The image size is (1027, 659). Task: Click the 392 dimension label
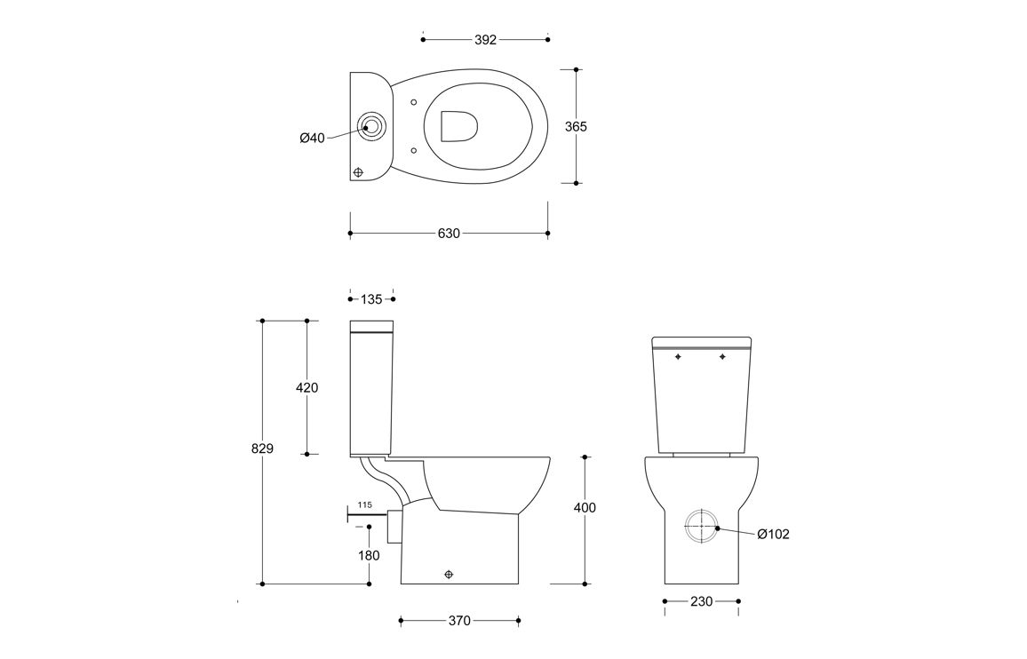pos(485,40)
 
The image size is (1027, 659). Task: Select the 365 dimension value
pos(576,126)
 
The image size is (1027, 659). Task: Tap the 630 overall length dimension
pos(449,234)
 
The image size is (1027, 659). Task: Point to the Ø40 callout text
pos(312,138)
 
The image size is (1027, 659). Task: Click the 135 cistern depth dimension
pos(371,299)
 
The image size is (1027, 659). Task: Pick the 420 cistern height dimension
pos(307,388)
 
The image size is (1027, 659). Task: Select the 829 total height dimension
pos(262,449)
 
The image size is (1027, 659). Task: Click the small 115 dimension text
pos(365,504)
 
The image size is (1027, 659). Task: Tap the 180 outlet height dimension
pos(369,556)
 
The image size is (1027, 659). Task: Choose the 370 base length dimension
pos(459,620)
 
